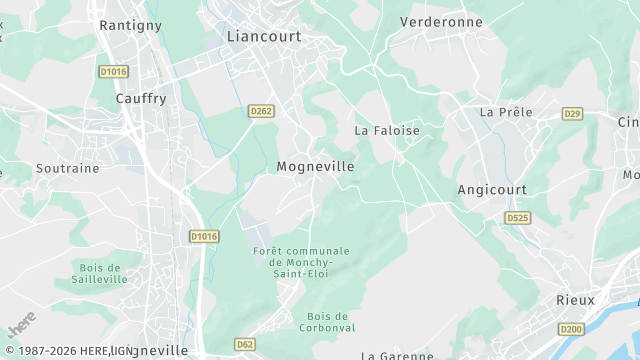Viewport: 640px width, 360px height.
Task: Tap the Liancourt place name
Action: click(264, 36)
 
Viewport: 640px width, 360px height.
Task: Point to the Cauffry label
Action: click(141, 98)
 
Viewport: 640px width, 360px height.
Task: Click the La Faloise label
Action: click(387, 131)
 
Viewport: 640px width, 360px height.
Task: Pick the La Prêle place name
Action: click(506, 112)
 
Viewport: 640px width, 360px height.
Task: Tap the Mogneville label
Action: click(315, 167)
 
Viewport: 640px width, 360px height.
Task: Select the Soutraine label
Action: click(68, 168)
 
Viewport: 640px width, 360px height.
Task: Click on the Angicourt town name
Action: click(491, 189)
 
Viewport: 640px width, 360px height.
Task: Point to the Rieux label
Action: click(575, 300)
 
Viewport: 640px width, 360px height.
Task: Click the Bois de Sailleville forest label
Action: click(100, 274)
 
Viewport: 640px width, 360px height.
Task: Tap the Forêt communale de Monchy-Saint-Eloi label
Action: click(301, 262)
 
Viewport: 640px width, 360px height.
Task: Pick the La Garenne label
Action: click(396, 355)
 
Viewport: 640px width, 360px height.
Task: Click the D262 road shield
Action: click(261, 112)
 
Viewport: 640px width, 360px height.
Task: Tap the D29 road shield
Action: click(572, 114)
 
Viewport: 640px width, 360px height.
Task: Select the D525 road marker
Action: click(517, 217)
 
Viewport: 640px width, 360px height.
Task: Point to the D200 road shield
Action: click(571, 329)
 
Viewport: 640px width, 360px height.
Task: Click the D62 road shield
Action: click(245, 344)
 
